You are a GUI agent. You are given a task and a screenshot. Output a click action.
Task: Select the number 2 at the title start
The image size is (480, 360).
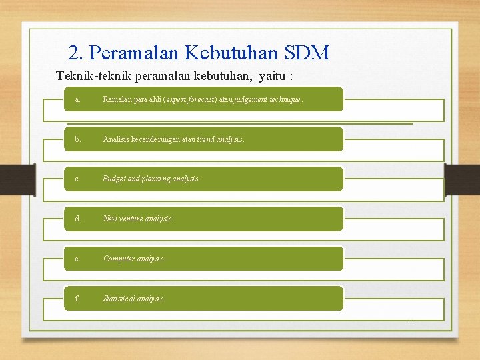[x=74, y=53]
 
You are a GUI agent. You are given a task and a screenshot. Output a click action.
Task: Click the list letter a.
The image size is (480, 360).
[x=77, y=99]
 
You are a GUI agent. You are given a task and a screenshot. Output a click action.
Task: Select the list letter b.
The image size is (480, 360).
[x=78, y=139]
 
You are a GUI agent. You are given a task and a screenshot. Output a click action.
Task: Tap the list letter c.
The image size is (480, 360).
[x=77, y=179]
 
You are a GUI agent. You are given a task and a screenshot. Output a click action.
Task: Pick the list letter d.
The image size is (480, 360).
[x=78, y=219]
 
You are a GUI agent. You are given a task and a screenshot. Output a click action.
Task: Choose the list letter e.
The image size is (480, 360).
[x=77, y=259]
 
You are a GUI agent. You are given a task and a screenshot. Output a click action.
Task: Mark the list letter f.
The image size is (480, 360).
[x=77, y=299]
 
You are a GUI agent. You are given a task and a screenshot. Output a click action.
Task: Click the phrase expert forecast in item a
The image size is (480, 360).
[x=183, y=99]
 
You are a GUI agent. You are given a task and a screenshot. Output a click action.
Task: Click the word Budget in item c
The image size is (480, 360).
[x=114, y=179]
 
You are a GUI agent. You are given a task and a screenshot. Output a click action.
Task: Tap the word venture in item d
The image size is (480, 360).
[x=134, y=219]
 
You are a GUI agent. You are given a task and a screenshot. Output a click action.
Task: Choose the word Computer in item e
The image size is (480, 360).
[x=118, y=259]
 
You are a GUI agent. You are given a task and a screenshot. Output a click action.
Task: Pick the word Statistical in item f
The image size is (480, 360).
[x=119, y=299]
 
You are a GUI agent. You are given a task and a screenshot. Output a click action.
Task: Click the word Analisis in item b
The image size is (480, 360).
[x=116, y=139]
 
